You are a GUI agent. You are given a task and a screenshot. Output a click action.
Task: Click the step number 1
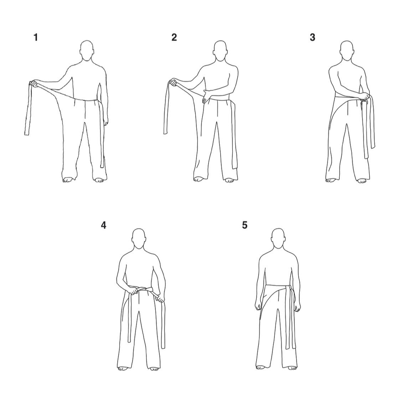pos(36,37)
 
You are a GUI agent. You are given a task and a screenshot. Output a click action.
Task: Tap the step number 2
pos(174,37)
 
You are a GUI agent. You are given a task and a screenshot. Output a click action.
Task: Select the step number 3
pos(313,37)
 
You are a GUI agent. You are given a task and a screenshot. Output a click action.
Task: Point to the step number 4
pos(103,225)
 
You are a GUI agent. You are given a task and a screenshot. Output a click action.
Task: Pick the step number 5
pos(244,225)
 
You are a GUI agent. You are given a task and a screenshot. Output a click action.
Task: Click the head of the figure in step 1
pos(87,51)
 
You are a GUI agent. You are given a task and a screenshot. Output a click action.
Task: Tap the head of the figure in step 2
pos(221,51)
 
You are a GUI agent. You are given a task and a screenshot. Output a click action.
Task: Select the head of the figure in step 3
pos(347,51)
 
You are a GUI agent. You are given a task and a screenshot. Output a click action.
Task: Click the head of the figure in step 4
pos(139,239)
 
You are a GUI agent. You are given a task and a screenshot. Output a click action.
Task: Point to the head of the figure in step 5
pos(278,239)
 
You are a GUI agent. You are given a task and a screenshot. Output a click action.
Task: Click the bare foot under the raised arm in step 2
pos(198,179)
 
